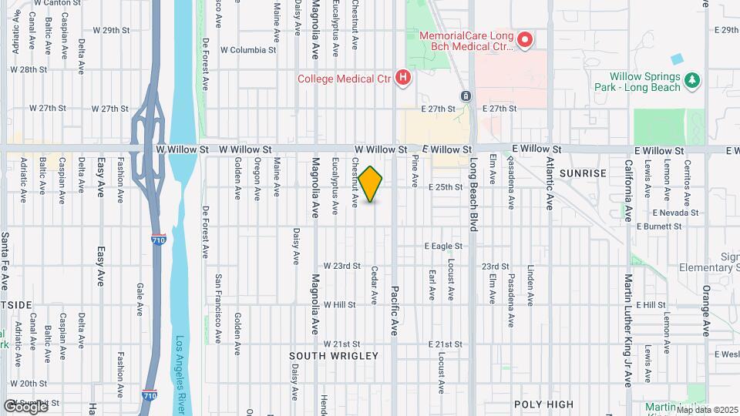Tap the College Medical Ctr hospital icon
402,77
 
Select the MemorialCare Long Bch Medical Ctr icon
526,40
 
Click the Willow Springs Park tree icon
693,79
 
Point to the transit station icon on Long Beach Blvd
466,96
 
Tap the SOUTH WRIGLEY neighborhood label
334,356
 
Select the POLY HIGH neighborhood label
544,404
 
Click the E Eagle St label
443,247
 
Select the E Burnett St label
659,227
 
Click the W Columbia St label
247,50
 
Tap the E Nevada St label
674,213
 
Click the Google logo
25,406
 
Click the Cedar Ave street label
374,284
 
